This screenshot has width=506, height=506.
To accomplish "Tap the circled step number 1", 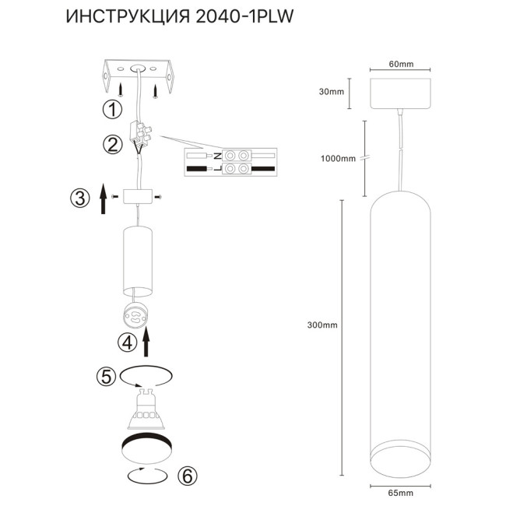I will pos(114,109).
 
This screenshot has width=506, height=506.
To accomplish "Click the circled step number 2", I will pos(114,145).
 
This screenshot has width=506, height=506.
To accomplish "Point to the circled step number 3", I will pos(79,199).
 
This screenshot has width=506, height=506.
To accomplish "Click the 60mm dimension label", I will pos(401,64).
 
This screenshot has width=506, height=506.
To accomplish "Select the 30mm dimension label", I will pos(332,92).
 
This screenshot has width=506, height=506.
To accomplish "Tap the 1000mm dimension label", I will pos(338,158).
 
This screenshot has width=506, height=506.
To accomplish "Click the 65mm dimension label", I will pos(401,492).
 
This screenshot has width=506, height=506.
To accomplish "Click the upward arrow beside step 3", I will pos(102,199).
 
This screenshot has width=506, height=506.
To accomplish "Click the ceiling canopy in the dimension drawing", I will pos(401,93).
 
